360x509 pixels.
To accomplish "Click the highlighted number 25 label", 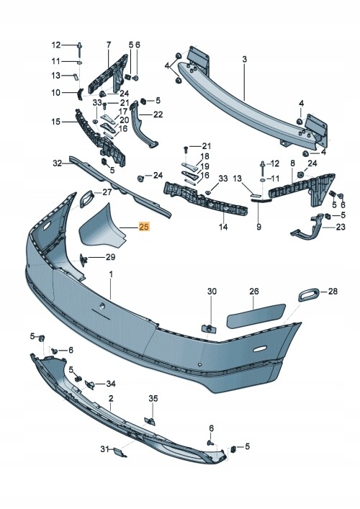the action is pyautogui.click(x=144, y=227).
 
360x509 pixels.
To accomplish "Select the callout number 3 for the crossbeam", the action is pyautogui.click(x=244, y=59).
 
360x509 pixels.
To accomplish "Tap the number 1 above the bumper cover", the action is pyautogui.click(x=111, y=274).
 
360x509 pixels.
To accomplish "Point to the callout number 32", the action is pyautogui.click(x=57, y=163).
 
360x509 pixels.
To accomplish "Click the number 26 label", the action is pyautogui.click(x=254, y=291).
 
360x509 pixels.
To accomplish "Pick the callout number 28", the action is pyautogui.click(x=333, y=291).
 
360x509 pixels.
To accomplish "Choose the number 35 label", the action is pyautogui.click(x=153, y=398).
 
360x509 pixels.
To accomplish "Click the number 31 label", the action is pyautogui.click(x=104, y=449).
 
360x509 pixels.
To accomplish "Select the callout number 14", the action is pyautogui.click(x=223, y=227).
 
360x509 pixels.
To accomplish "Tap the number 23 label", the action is pyautogui.click(x=341, y=227).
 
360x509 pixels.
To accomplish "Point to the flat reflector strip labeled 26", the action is pyautogui.click(x=256, y=315).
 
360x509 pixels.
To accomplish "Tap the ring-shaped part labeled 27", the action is pyautogui.click(x=86, y=199).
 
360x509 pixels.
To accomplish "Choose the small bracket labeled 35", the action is pyautogui.click(x=150, y=421).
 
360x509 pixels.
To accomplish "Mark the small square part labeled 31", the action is pyautogui.click(x=119, y=453).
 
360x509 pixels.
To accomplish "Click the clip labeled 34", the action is pyautogui.click(x=90, y=384).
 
